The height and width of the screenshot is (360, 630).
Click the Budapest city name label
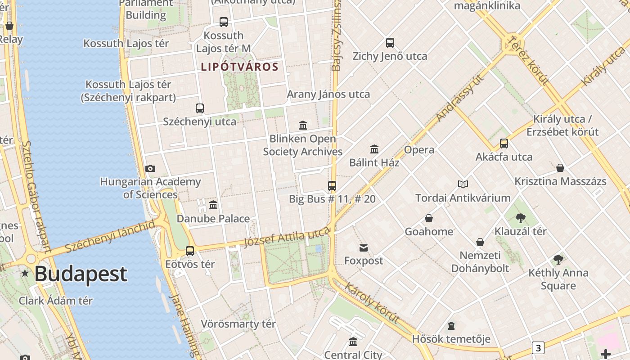pyautogui.click(x=81, y=274)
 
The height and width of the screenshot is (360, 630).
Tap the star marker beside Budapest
pyautogui.click(x=25, y=273)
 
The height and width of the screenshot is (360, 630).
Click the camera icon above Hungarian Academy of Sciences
pyautogui.click(x=150, y=169)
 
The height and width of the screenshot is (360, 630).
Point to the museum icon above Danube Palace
pyautogui.click(x=213, y=205)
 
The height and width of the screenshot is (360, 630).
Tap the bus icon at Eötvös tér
pyautogui.click(x=190, y=251)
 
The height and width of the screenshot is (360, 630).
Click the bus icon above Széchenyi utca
pyautogui.click(x=200, y=108)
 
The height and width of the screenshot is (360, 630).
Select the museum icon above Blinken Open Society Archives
pyautogui.click(x=303, y=125)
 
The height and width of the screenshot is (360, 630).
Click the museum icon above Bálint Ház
pyautogui.click(x=374, y=149)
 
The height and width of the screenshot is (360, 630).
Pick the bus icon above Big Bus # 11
pyautogui.click(x=332, y=185)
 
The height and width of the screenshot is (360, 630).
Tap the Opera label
pyautogui.click(x=419, y=150)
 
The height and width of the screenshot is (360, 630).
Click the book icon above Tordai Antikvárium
pyautogui.click(x=463, y=184)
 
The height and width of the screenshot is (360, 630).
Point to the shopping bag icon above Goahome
pyautogui.click(x=429, y=218)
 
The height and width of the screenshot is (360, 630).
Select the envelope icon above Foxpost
pyautogui.click(x=364, y=247)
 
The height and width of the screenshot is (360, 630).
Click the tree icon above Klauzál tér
pyautogui.click(x=521, y=218)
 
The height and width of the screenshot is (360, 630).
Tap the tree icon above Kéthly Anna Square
pyautogui.click(x=558, y=260)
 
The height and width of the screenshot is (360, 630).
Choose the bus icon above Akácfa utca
pyautogui.click(x=504, y=144)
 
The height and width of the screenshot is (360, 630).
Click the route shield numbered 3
pyautogui.click(x=538, y=347)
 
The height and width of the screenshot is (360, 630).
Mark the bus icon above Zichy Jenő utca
pyautogui.click(x=390, y=43)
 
